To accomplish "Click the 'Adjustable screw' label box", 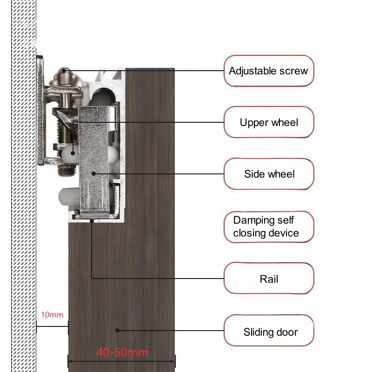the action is click(268, 71).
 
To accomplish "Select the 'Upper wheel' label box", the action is click(268, 122).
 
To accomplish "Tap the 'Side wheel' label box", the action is click(268, 174).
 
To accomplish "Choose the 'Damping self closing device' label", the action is click(266, 226).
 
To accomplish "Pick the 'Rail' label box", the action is click(268, 279).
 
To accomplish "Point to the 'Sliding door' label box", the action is click(268, 332).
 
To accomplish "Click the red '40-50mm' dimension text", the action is click(122, 352).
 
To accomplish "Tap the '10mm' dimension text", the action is click(52, 315).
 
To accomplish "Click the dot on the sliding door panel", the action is click(117, 331).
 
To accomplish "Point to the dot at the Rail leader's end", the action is click(92, 221).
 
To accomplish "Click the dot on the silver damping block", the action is click(94, 173).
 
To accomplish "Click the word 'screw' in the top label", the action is click(293, 71).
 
